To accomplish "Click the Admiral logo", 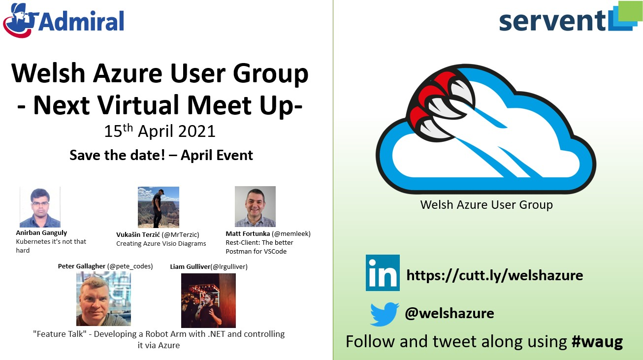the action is coord(64,20).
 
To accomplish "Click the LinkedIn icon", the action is coord(383,273).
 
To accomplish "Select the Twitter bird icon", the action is coord(385,314).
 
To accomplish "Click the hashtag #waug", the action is coord(597,342).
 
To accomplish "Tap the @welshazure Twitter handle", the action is coord(449,313).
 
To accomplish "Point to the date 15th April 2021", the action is coord(160,131).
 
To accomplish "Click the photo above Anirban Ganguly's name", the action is coord(40,207).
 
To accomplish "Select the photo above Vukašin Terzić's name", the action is coord(159,207).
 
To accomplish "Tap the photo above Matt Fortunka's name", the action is coord(255,206).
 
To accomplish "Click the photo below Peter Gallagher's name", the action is coord(103,299).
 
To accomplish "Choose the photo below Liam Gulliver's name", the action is coord(208,300).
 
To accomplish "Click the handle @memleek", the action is coord(291,234).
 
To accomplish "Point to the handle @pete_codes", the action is coord(130,266).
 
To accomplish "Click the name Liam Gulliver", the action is coord(190,267).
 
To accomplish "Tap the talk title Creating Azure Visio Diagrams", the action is coord(161,243).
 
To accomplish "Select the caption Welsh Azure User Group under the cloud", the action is coord(486,205).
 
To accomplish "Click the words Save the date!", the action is coord(117,155).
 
